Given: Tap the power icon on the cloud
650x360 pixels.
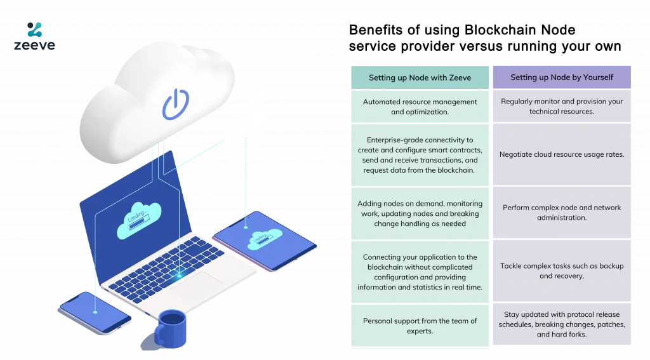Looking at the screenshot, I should coord(175,105).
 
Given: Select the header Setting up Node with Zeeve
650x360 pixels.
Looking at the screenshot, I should coord(420,77).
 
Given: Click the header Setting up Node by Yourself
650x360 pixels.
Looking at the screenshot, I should coord(562,77).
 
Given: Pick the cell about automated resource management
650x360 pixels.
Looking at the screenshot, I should coord(420,107).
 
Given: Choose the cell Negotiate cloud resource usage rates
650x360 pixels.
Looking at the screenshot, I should coord(562,154).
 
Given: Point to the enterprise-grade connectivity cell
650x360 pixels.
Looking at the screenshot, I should coord(420,155).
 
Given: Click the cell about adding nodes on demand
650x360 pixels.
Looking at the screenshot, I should coord(420,213).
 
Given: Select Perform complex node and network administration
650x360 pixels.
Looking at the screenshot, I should coord(562,213).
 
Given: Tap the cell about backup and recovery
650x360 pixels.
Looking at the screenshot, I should coord(562,271).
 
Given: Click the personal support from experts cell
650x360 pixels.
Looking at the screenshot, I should coord(420,326).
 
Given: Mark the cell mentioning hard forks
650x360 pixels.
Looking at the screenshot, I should coord(562,324).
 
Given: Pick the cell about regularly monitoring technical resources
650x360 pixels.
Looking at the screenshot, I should coord(562,106).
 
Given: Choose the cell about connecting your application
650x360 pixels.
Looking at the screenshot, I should coord(420,272).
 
